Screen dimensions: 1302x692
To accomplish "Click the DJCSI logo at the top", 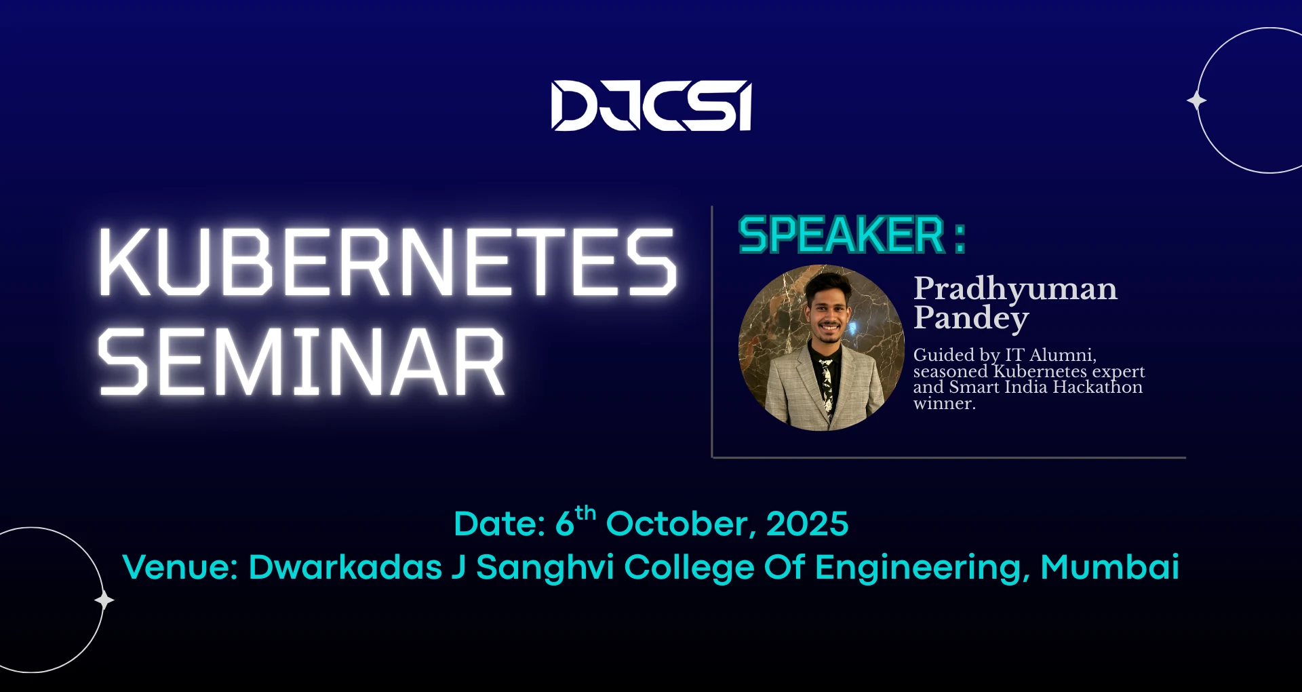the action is [x=651, y=105].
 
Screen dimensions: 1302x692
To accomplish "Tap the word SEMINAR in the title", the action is [x=302, y=362].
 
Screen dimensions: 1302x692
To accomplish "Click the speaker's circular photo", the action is [x=821, y=347].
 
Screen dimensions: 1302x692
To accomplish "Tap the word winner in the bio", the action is [x=944, y=404].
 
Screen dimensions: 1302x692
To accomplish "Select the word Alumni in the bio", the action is [x=1063, y=355].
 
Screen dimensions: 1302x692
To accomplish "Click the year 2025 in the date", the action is [x=807, y=524].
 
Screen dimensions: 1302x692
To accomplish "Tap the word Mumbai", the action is [x=1109, y=566].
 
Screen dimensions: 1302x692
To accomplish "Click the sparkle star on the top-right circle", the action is [x=1197, y=100].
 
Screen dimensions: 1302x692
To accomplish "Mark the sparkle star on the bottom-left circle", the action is [x=104, y=600].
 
